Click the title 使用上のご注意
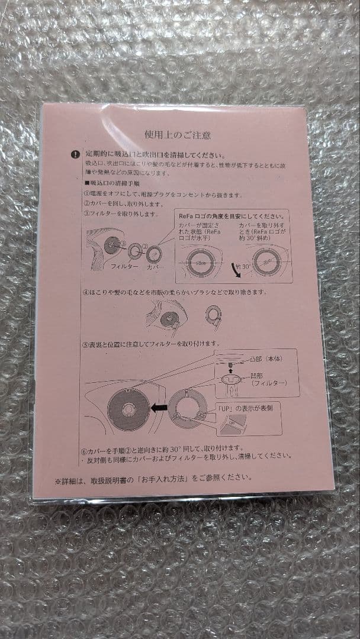coord(178,134)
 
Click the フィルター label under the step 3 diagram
coord(124,267)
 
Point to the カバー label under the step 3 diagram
coord(155,267)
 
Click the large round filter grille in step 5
coord(127,408)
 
